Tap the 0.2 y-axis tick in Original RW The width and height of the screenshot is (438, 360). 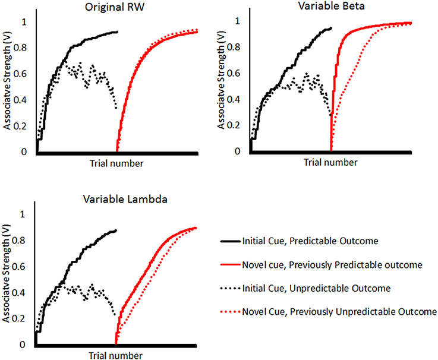click(24, 126)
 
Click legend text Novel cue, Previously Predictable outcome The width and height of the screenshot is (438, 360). click(329, 264)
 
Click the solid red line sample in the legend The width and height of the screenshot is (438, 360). click(229, 264)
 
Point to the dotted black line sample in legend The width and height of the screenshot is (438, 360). click(229, 288)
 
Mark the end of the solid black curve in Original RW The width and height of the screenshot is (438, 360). click(117, 31)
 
